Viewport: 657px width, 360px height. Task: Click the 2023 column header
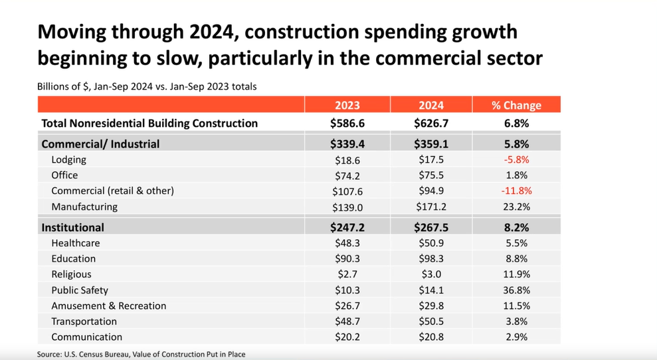click(347, 105)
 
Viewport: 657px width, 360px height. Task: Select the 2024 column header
click(431, 105)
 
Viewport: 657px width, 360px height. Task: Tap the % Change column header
click(516, 105)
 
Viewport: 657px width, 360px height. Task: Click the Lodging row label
click(68, 159)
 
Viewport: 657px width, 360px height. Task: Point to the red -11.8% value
click(516, 191)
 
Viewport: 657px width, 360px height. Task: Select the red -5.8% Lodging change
click(516, 159)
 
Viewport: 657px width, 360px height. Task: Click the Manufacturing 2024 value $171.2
click(431, 207)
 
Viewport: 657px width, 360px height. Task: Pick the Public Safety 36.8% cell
click(516, 290)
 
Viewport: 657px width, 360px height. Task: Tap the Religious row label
click(71, 274)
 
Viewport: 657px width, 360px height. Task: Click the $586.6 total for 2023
click(347, 123)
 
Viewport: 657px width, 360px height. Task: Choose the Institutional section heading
click(72, 227)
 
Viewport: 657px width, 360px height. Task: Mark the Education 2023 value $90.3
click(347, 258)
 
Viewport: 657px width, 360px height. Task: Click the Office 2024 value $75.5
click(431, 175)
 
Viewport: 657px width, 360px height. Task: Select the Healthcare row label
click(75, 243)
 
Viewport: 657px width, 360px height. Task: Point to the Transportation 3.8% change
click(516, 321)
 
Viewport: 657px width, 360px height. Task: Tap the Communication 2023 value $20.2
click(347, 337)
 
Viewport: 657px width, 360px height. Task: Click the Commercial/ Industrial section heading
click(100, 143)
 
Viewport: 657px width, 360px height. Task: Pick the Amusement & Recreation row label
click(108, 306)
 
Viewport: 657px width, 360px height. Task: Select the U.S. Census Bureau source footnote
click(141, 354)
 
